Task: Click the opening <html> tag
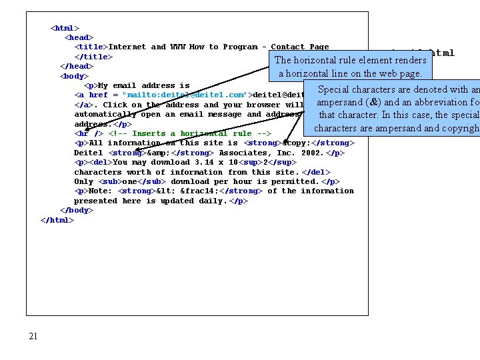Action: (x=65, y=28)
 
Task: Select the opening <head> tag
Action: (x=79, y=37)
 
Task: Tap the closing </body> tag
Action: (x=77, y=210)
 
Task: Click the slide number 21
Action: (x=33, y=336)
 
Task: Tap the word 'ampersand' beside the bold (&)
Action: (x=339, y=103)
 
